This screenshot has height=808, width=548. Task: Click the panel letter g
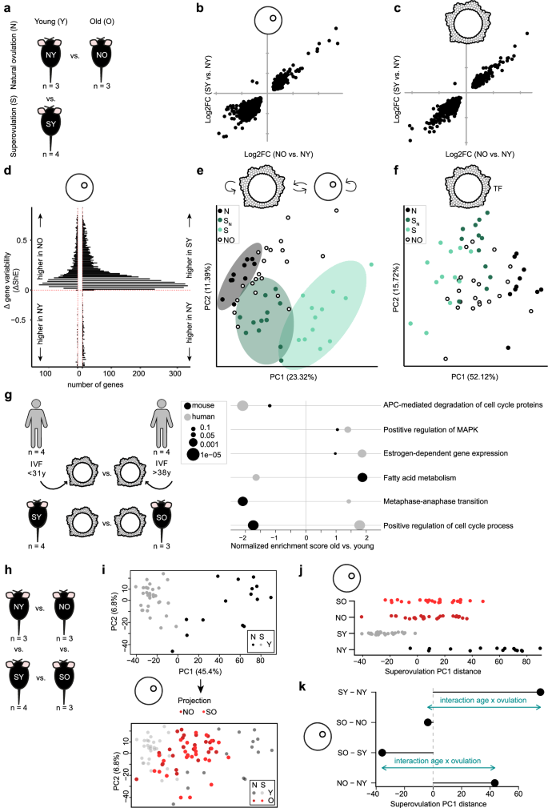7,395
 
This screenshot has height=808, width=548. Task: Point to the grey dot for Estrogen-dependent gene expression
362,453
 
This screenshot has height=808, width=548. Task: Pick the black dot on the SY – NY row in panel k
541,692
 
